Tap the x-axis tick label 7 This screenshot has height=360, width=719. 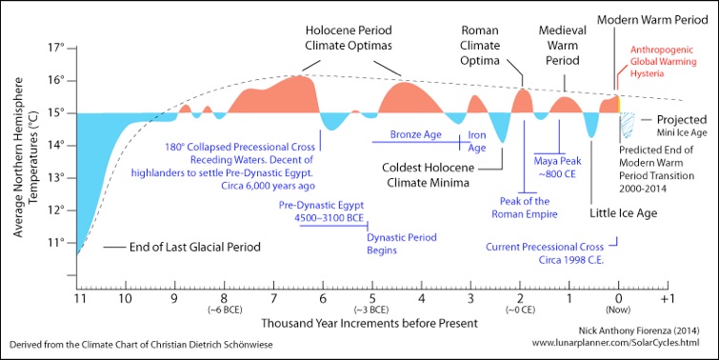[x=273, y=297]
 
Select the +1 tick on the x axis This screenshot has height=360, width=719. [x=668, y=297]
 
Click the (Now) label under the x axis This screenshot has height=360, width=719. [x=618, y=310]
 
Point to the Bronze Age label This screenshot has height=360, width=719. [x=417, y=134]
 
